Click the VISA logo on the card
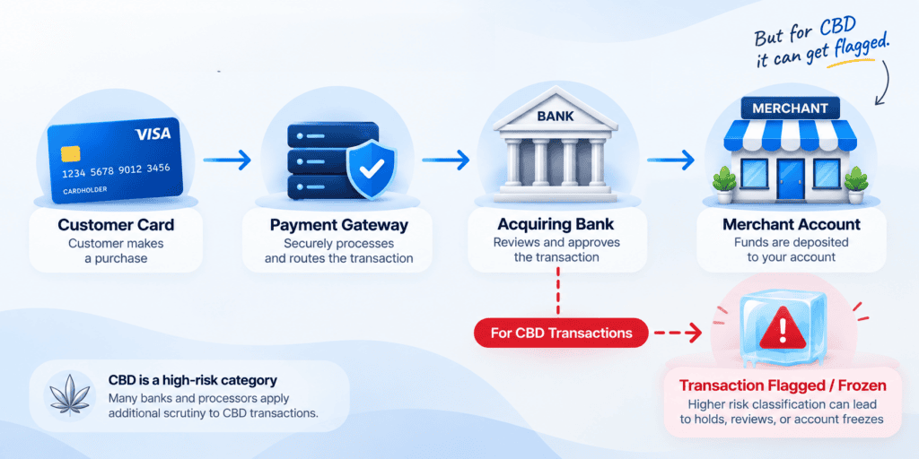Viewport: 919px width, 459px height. click(153, 134)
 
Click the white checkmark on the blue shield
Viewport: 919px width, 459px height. click(371, 169)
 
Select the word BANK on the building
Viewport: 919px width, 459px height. click(555, 116)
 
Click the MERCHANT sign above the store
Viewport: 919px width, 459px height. click(790, 108)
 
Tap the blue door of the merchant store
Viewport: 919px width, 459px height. click(791, 179)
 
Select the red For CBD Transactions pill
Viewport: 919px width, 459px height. click(561, 333)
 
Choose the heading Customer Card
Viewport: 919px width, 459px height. click(116, 224)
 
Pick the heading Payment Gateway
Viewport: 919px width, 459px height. click(338, 225)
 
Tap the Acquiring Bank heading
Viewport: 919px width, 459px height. click(556, 224)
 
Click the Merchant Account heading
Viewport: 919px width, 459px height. click(792, 224)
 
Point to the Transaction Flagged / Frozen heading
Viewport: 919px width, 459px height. click(783, 385)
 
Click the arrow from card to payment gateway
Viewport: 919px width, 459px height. click(227, 160)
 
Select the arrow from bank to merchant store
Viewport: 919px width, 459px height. click(670, 160)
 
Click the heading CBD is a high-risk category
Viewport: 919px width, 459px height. click(193, 380)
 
